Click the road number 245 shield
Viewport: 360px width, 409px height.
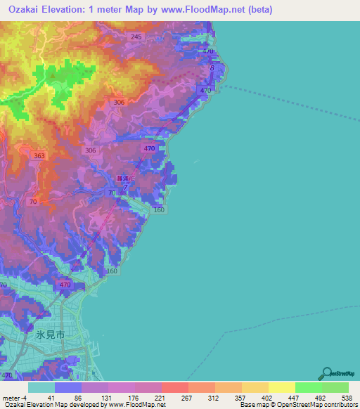click(136, 37)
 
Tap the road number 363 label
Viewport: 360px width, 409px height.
click(39, 156)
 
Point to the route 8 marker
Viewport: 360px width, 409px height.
click(212, 68)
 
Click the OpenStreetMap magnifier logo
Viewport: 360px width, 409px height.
click(327, 374)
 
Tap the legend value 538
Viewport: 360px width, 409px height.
click(347, 398)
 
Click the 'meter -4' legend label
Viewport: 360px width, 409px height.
click(15, 398)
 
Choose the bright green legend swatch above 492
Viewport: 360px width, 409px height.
click(308, 387)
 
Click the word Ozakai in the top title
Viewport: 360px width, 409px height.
click(26, 11)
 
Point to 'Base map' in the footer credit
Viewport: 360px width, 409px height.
click(255, 405)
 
